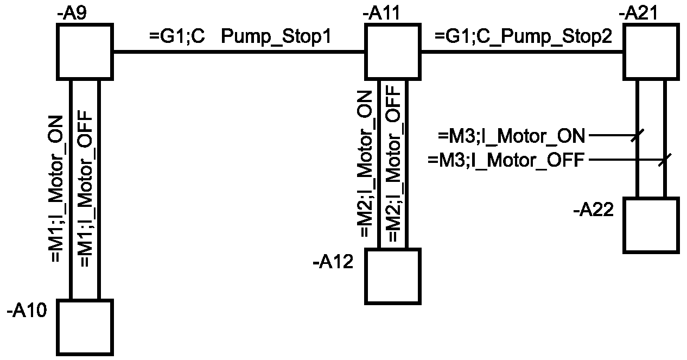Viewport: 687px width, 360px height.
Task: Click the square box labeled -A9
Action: click(x=85, y=52)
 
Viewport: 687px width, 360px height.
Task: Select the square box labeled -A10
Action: click(x=85, y=327)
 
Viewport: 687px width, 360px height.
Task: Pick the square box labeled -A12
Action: click(x=393, y=276)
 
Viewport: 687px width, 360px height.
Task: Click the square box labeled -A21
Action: click(x=651, y=52)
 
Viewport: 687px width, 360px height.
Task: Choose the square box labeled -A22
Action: click(x=651, y=225)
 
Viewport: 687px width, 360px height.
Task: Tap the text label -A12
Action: click(x=333, y=262)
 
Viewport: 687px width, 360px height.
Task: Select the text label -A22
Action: click(x=593, y=210)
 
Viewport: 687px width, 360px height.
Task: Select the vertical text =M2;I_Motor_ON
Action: click(x=365, y=164)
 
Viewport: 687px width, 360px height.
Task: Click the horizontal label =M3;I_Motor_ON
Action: click(x=512, y=136)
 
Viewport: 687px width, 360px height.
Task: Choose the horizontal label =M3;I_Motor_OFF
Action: click(x=507, y=161)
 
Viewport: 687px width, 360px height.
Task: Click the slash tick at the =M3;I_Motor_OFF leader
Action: click(x=665, y=160)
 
